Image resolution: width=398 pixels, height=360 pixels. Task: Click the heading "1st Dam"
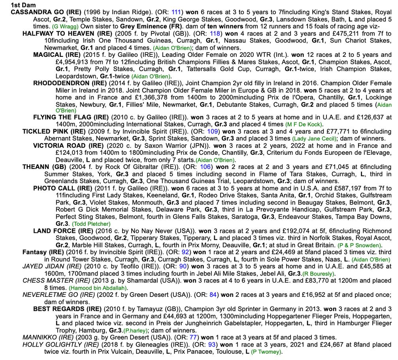click(23, 5)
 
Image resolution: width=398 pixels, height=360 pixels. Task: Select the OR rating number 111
click(176, 12)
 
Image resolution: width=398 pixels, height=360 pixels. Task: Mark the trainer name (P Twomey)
click(266, 352)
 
